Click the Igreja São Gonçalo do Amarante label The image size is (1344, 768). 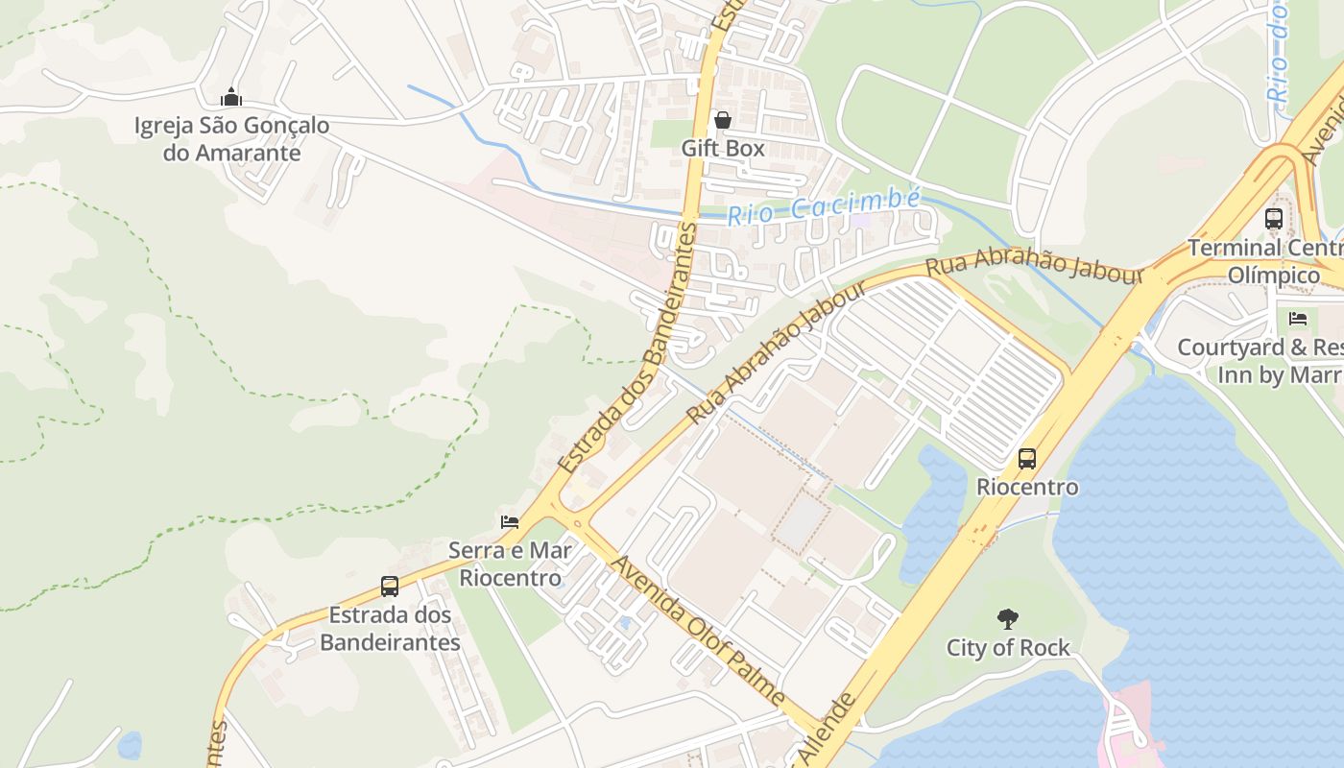click(x=231, y=139)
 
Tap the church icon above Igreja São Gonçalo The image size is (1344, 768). click(x=231, y=97)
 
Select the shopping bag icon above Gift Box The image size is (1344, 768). click(x=723, y=120)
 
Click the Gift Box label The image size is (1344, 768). click(x=723, y=148)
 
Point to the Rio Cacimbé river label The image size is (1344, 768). click(x=823, y=206)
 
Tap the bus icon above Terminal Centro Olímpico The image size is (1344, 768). click(x=1274, y=219)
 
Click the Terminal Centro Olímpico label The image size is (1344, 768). click(x=1265, y=261)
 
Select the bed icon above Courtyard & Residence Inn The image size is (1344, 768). click(x=1298, y=318)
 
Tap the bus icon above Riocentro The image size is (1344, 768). click(x=1027, y=459)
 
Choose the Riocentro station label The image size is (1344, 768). click(x=1027, y=487)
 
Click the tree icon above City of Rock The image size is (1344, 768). click(x=1007, y=619)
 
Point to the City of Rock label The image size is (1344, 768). click(x=1008, y=648)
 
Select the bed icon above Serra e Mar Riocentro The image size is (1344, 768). click(x=510, y=522)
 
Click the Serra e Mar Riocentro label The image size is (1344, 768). click(x=510, y=564)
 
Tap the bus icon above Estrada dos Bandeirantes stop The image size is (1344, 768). click(x=390, y=587)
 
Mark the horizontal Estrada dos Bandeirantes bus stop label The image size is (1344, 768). click(x=390, y=629)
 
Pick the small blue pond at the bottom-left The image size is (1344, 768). click(x=129, y=745)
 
